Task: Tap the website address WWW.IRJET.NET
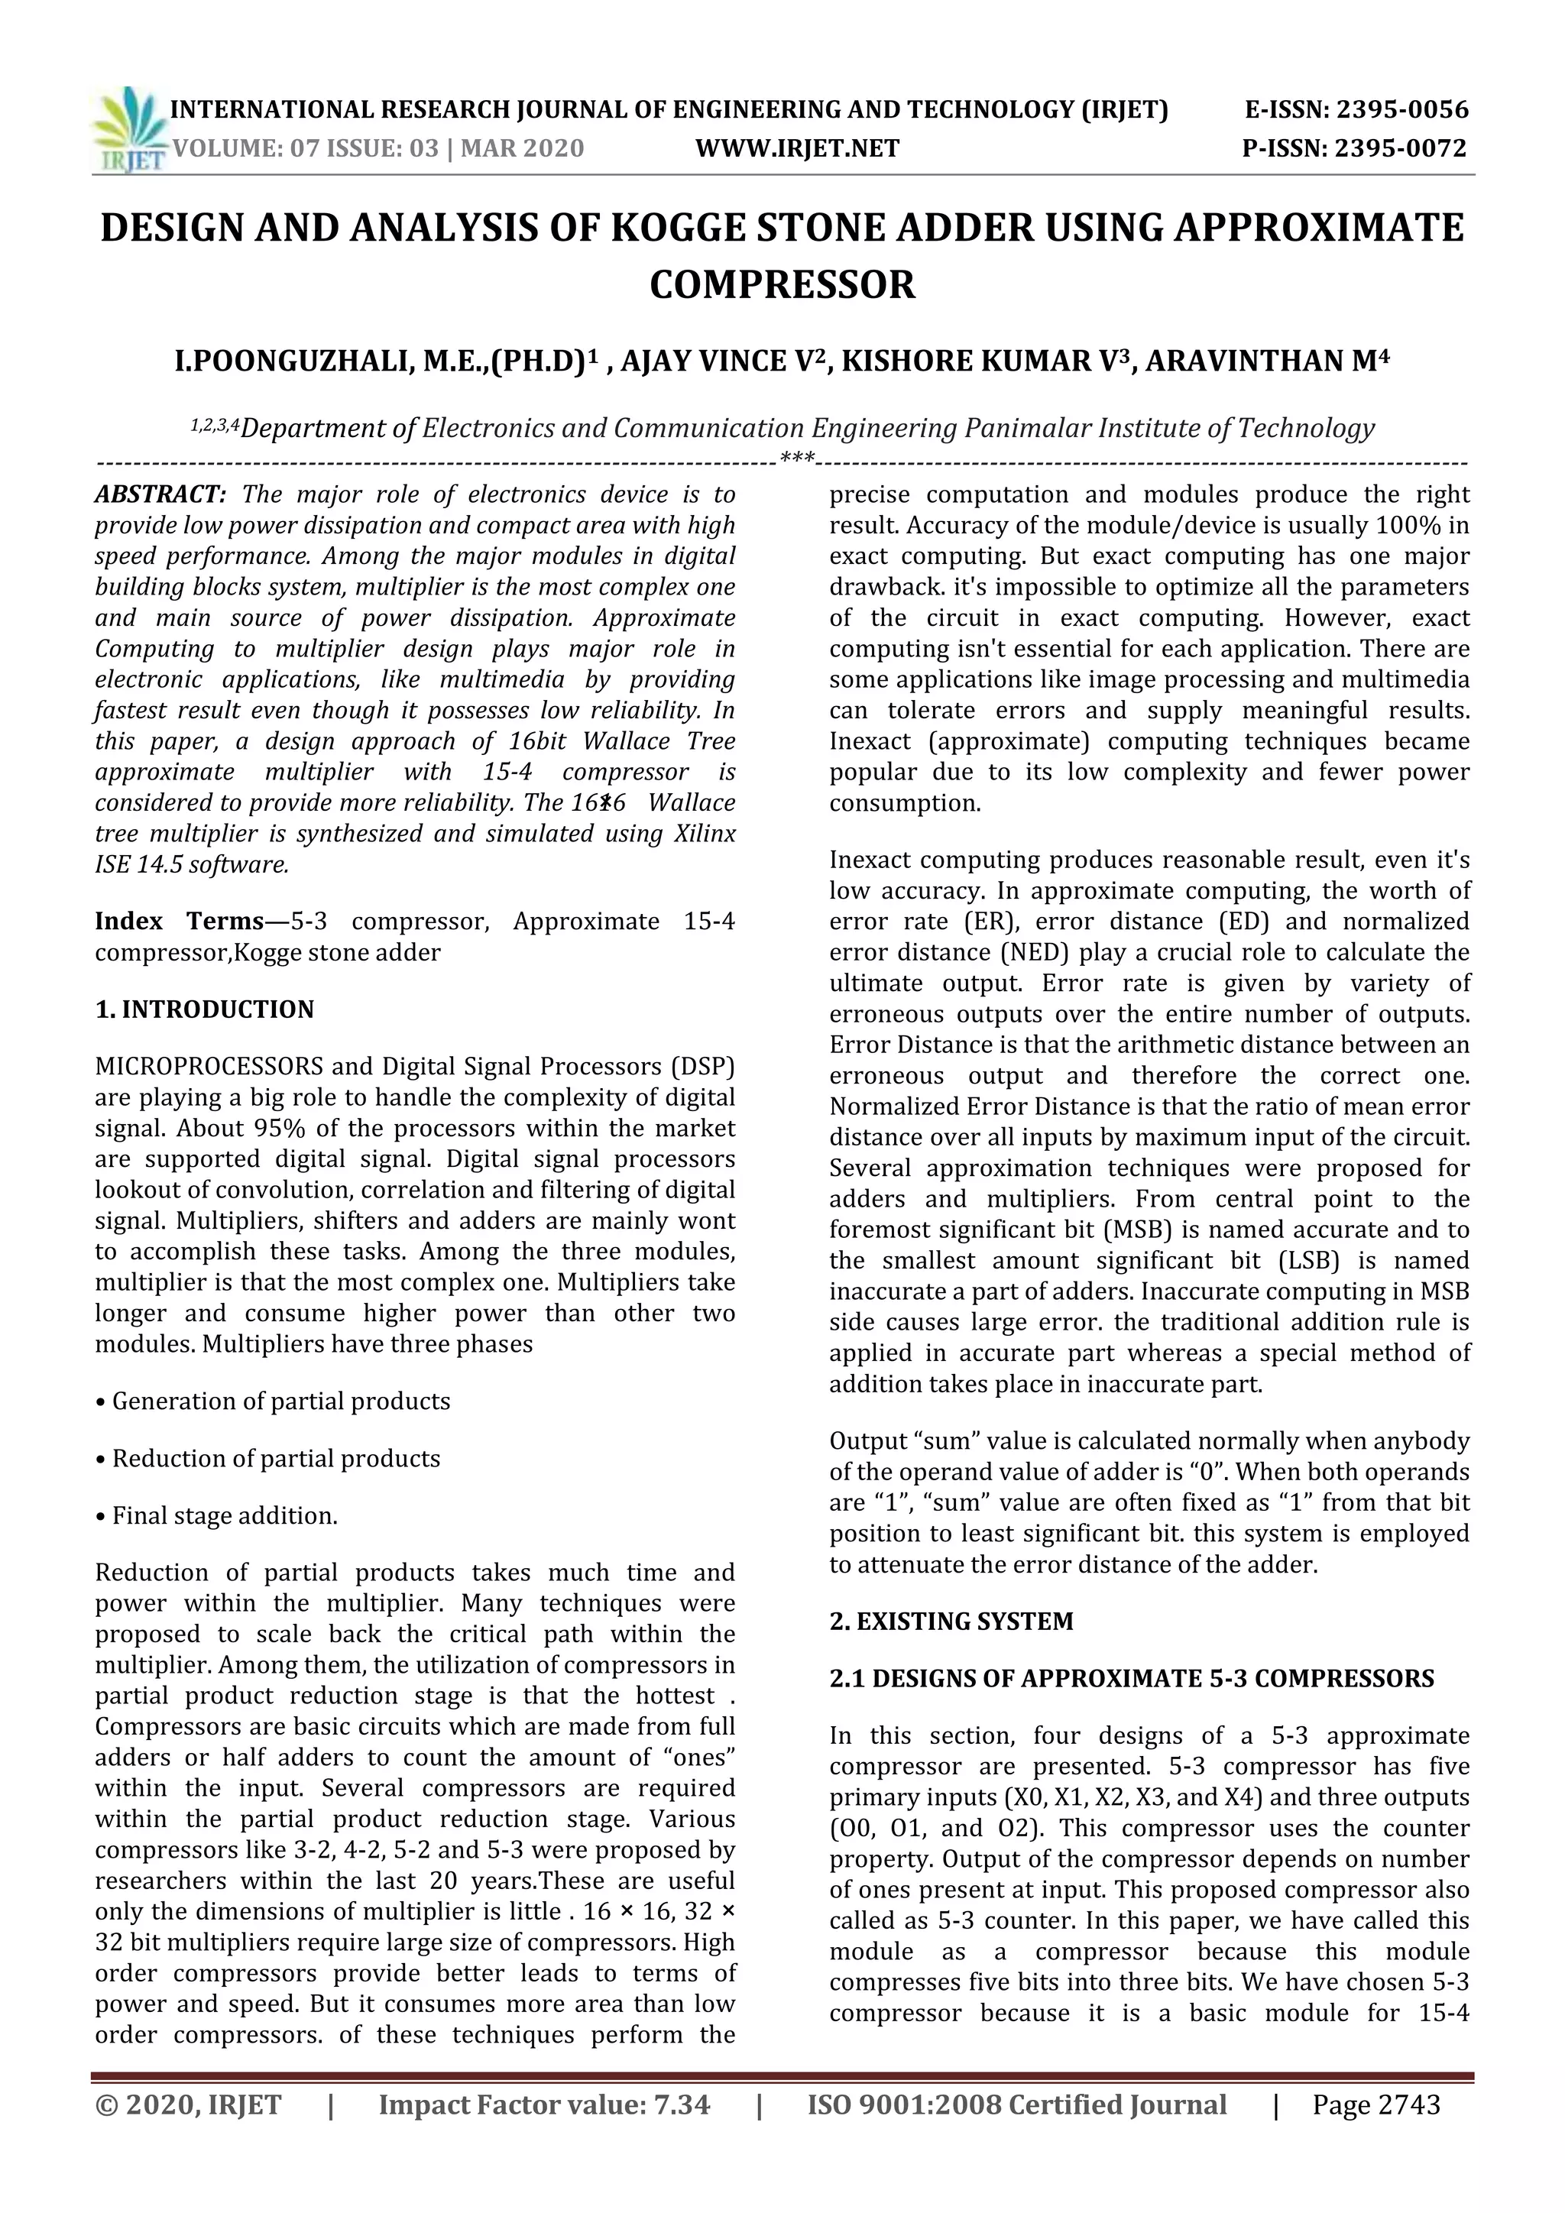(x=797, y=148)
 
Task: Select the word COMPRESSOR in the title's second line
(x=782, y=285)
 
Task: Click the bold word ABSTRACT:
(x=160, y=495)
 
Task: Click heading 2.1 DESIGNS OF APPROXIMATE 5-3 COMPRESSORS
(x=1132, y=1679)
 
